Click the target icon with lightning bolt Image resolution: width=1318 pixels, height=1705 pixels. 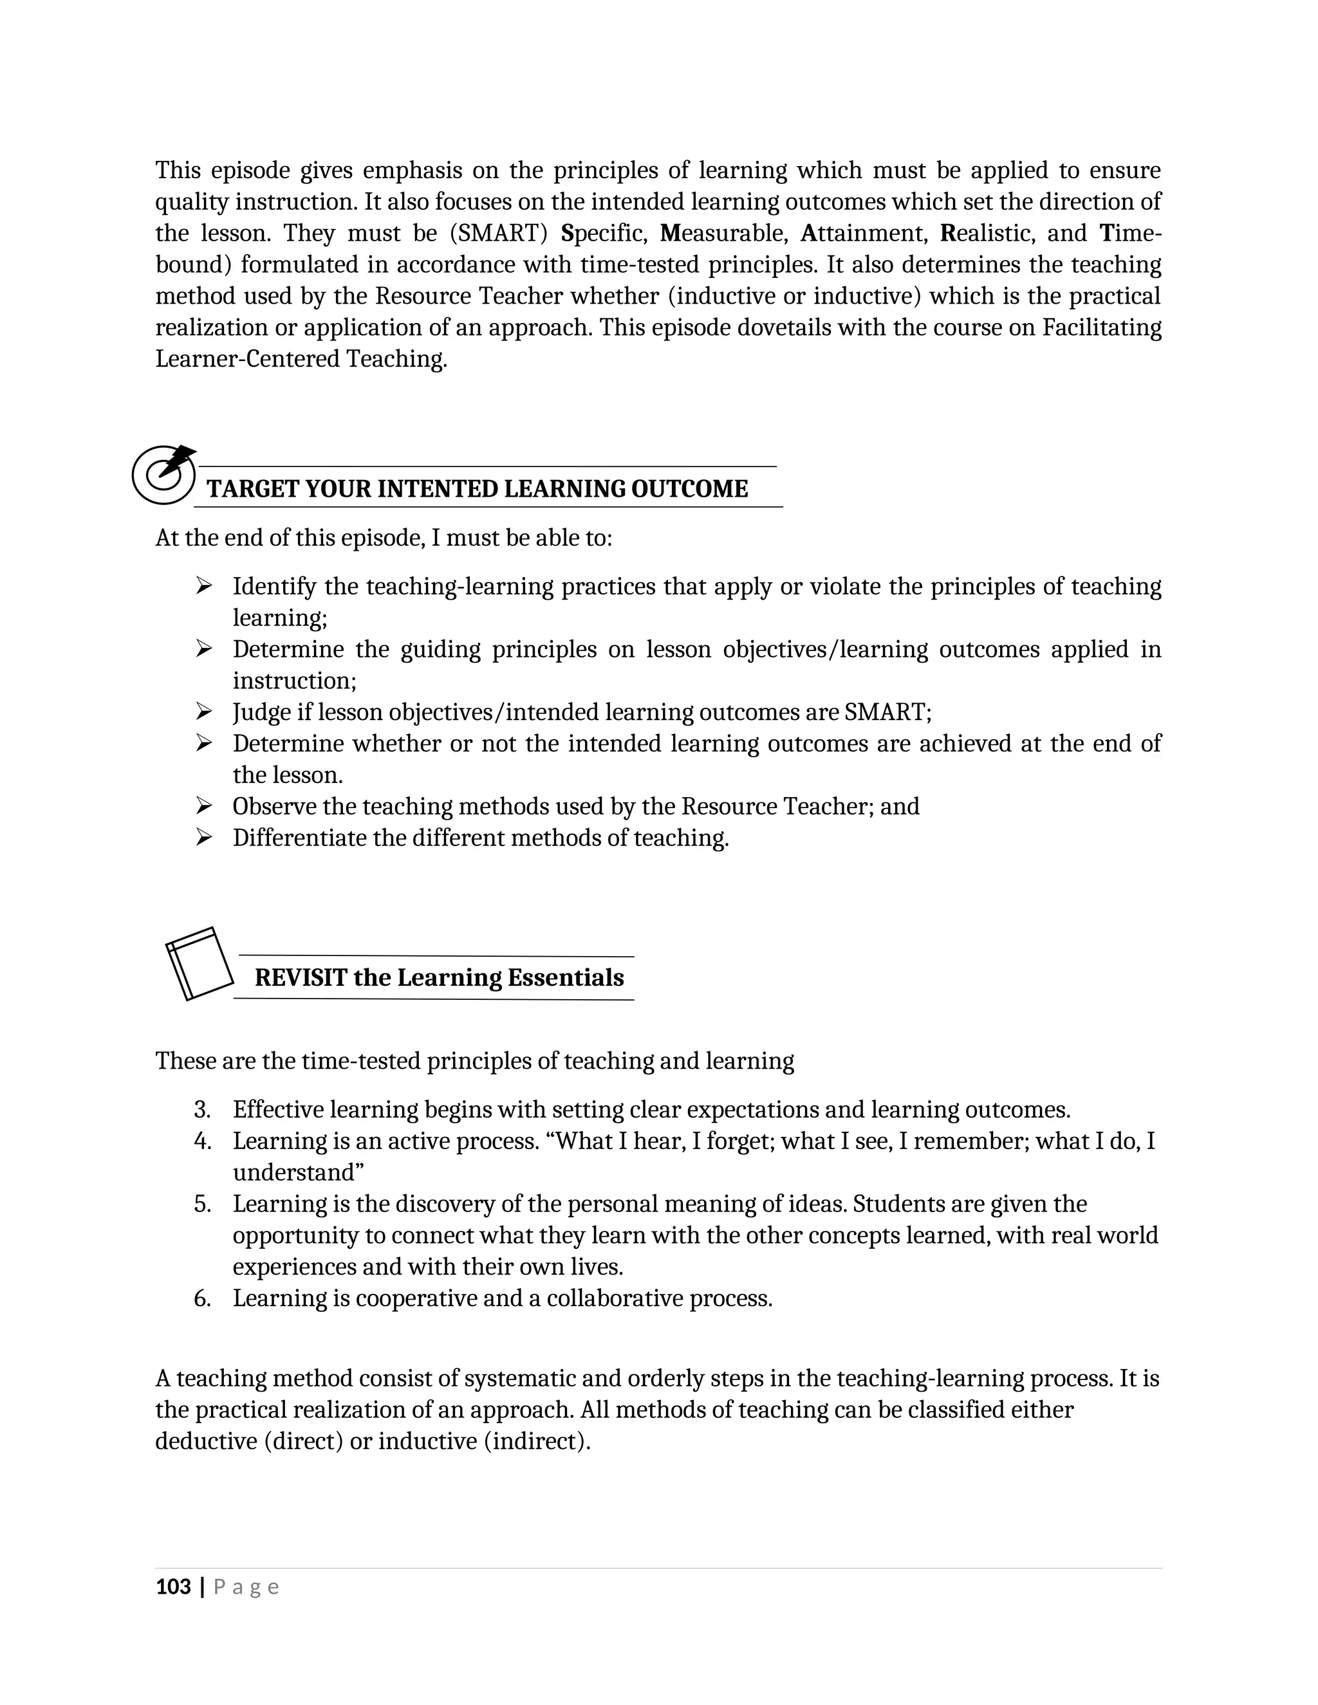click(163, 474)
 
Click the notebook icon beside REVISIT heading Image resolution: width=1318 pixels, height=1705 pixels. click(199, 963)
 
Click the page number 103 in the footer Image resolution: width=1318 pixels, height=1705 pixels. click(173, 1587)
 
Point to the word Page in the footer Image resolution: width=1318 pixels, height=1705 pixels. click(246, 1587)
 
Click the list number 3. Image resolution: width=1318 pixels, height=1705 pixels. click(202, 1109)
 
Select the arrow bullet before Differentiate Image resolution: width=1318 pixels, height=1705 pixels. click(204, 838)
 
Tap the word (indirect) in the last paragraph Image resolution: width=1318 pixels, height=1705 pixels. click(537, 1441)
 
